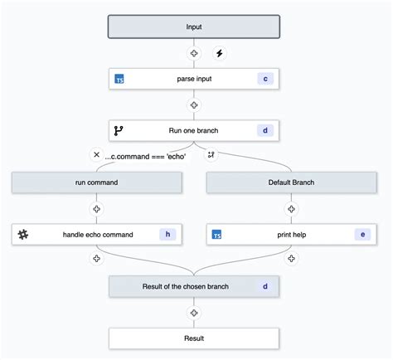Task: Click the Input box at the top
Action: coord(194,27)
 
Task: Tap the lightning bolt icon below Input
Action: coord(220,53)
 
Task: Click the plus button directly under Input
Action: coord(194,53)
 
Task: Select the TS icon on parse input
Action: coord(119,80)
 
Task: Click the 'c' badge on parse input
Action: coord(265,79)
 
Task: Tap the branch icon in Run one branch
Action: coord(119,131)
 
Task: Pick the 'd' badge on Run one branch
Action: coord(265,131)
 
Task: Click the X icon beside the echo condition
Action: coord(96,155)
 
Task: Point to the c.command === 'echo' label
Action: coord(146,156)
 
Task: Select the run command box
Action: coord(97,182)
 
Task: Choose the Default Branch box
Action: coord(291,182)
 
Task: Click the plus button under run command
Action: coord(97,209)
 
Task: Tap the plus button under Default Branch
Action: coord(291,209)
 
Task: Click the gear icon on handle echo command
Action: coord(22,235)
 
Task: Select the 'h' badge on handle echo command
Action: coord(167,235)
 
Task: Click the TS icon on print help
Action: coord(216,235)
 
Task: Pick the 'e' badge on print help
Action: coord(362,235)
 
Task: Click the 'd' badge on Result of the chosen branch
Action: coord(265,287)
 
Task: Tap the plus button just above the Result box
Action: coord(194,313)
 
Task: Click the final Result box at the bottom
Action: coord(194,338)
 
